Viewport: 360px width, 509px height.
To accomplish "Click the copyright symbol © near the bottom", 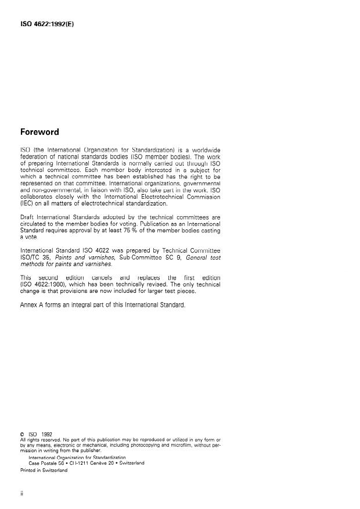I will point(22,434).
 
